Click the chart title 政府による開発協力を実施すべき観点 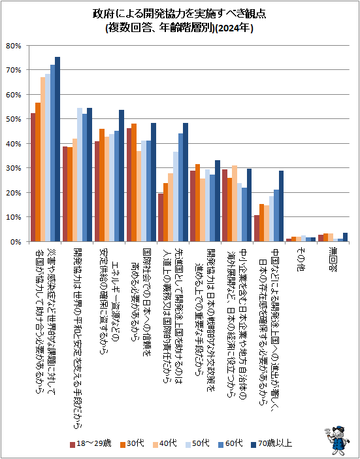(x=179, y=14)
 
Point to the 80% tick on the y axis (x=14, y=45)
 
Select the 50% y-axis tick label (x=14, y=119)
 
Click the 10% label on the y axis (x=14, y=217)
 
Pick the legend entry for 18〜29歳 (x=94, y=444)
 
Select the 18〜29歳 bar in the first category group (x=33, y=177)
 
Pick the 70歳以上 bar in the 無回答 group (x=345, y=237)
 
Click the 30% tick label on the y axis (x=14, y=168)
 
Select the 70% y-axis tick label (x=14, y=70)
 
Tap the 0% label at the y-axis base (x=16, y=242)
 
